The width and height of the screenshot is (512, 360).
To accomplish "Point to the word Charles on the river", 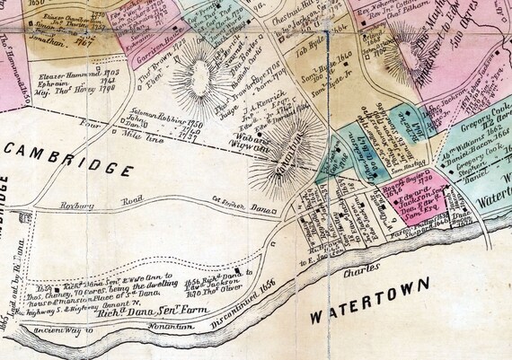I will tap(356, 264).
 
